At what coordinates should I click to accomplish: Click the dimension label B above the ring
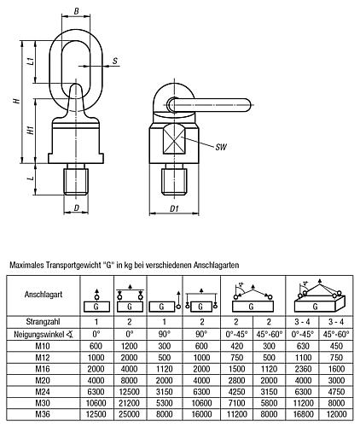[77, 11]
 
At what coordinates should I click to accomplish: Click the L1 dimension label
[32, 62]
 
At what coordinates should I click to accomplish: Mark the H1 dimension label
[30, 132]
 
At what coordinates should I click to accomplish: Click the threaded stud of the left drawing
[77, 183]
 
